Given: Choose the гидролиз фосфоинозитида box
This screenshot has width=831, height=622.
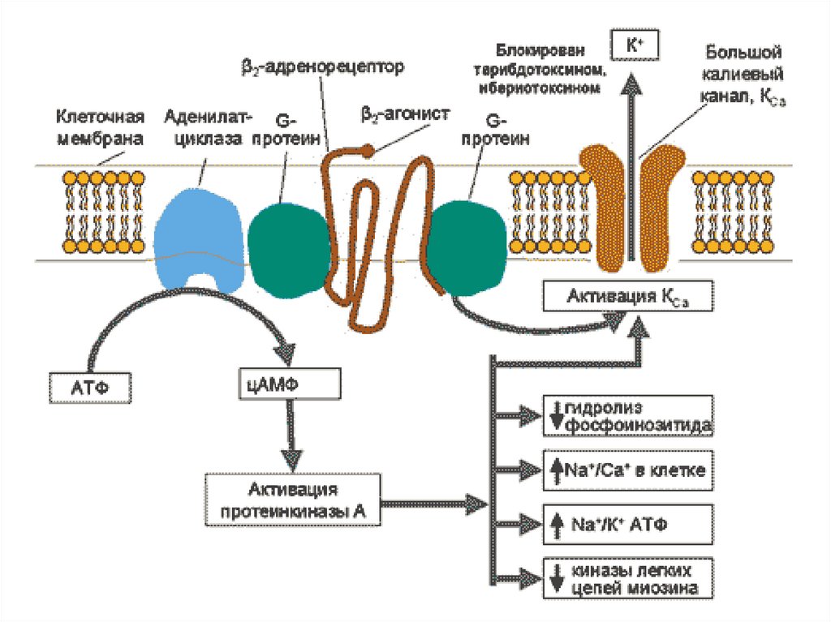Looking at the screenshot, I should [x=627, y=414].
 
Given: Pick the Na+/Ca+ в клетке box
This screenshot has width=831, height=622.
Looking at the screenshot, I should [x=627, y=470].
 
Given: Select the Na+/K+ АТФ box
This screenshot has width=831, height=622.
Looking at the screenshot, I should [x=627, y=523].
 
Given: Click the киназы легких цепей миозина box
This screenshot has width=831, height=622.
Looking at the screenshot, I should [x=627, y=577].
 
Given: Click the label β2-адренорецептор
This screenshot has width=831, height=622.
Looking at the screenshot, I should [x=321, y=66].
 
